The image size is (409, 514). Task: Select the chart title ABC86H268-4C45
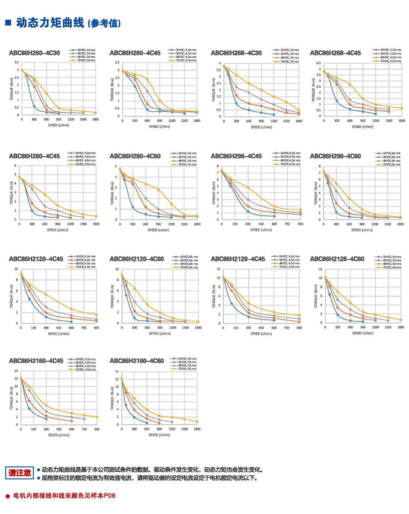tap(335, 53)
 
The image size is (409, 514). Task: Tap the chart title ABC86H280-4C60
tap(135, 156)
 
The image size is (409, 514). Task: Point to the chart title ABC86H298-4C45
tap(236, 156)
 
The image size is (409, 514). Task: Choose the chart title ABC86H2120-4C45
tap(36, 259)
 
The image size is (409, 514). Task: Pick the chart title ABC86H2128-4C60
tap(337, 259)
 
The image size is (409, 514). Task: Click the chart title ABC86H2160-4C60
tap(137, 361)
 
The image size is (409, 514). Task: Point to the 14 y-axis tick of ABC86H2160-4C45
tap(17, 371)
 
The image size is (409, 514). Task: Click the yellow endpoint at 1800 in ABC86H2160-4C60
tap(197, 422)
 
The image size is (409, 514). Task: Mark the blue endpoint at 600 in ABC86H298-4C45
tap(274, 216)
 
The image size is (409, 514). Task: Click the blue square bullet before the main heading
tap(8, 22)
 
